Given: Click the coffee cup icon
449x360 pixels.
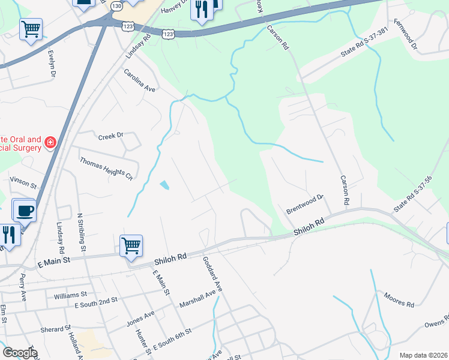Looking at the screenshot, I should tap(25, 211).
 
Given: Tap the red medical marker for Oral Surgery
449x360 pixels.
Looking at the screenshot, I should tap(50, 142).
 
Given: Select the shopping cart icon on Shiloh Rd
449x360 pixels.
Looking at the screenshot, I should tap(131, 245).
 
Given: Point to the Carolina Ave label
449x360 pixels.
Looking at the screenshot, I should tap(139, 80).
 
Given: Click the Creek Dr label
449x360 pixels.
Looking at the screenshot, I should tap(110, 136).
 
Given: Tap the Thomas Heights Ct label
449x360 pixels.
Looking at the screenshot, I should tap(106, 169).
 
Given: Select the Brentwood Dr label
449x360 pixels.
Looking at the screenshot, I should tap(305, 203).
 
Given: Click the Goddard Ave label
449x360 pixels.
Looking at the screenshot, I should tap(213, 274).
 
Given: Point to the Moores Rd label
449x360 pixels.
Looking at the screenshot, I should tap(399, 301).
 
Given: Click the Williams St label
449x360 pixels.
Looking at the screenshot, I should tap(70, 295).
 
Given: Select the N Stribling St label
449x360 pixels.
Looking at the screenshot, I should tap(80, 231).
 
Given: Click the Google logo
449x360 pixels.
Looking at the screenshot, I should tap(20, 353).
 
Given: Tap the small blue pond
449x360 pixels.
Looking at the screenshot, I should tap(164, 185).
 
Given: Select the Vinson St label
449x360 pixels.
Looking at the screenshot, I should tap(23, 179).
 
